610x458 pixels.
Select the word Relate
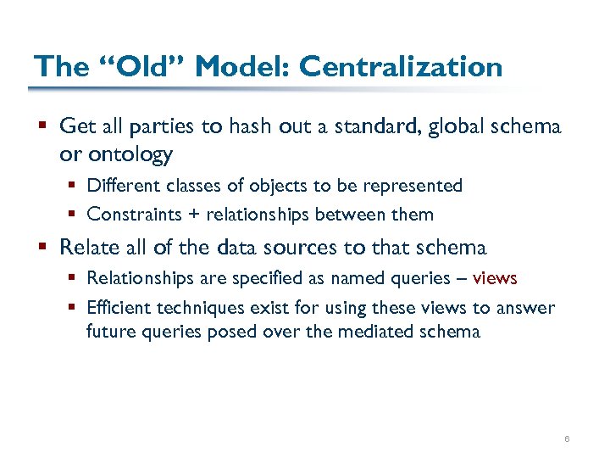pos(89,248)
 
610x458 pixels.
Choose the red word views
pos(495,278)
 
